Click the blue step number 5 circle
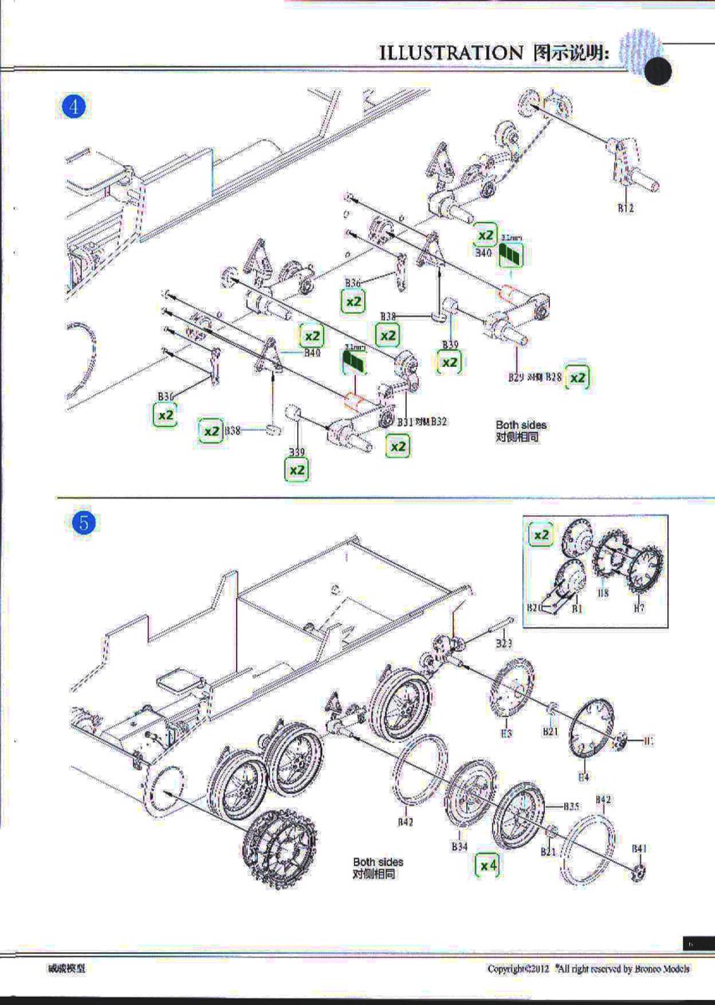84,523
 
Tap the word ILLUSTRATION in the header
450,53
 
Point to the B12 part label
625,208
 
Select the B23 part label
503,643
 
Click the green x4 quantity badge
486,865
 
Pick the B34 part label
459,848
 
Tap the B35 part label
571,806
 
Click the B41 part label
640,848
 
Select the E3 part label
506,733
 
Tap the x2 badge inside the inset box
542,534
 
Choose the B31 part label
406,421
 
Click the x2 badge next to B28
577,378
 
